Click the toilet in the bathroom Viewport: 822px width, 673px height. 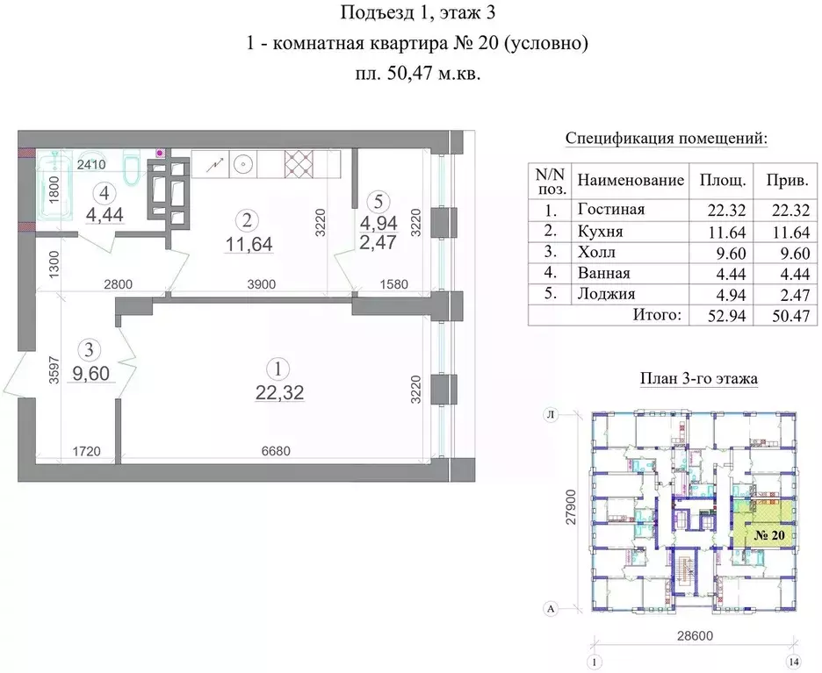[131, 167]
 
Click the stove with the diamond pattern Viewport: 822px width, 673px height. [299, 164]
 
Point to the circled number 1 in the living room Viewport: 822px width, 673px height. [278, 369]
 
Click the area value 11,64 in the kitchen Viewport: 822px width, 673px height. [249, 244]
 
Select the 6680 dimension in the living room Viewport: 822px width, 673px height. [276, 451]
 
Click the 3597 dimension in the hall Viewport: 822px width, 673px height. [53, 370]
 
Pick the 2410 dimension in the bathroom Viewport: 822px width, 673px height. [91, 164]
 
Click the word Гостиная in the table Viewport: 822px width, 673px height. [610, 210]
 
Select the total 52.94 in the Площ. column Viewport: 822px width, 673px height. [726, 316]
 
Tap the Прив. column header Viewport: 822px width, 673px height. [787, 181]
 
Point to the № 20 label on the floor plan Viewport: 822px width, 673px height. [769, 536]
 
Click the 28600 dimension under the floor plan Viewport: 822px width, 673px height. [696, 635]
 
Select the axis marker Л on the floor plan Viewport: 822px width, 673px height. [551, 415]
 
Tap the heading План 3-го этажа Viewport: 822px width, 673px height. [699, 378]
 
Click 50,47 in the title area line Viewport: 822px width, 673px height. [410, 75]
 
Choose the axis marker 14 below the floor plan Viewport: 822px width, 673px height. [794, 662]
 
